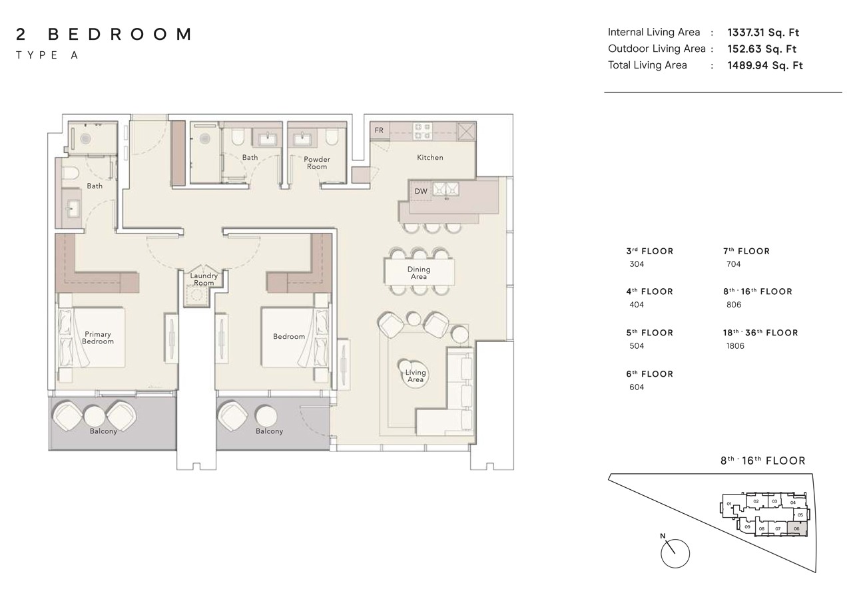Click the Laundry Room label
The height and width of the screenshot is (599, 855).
pos(204,279)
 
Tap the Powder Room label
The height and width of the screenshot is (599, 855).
pos(317,162)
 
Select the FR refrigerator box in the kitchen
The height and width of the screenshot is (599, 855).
pos(379,130)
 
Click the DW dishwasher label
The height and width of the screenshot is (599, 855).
pos(421,191)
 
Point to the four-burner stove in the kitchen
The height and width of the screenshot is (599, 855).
pos(422,130)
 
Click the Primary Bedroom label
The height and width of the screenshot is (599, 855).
pos(97,337)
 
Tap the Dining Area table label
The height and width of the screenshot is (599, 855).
pos(419,273)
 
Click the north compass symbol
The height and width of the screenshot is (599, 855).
pos(675,552)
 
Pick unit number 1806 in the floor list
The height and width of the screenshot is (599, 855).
pos(735,346)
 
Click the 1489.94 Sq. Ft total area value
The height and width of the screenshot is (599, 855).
pos(765,65)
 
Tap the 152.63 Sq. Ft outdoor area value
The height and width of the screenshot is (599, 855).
pos(762,49)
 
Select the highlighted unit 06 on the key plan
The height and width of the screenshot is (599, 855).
pos(796,528)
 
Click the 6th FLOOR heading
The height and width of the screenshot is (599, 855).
pos(649,374)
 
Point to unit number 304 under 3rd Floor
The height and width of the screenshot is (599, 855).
pos(637,264)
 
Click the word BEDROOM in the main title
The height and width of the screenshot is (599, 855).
pos(120,35)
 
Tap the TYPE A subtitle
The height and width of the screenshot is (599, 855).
pos(47,56)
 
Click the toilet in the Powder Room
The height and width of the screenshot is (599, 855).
pos(332,138)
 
